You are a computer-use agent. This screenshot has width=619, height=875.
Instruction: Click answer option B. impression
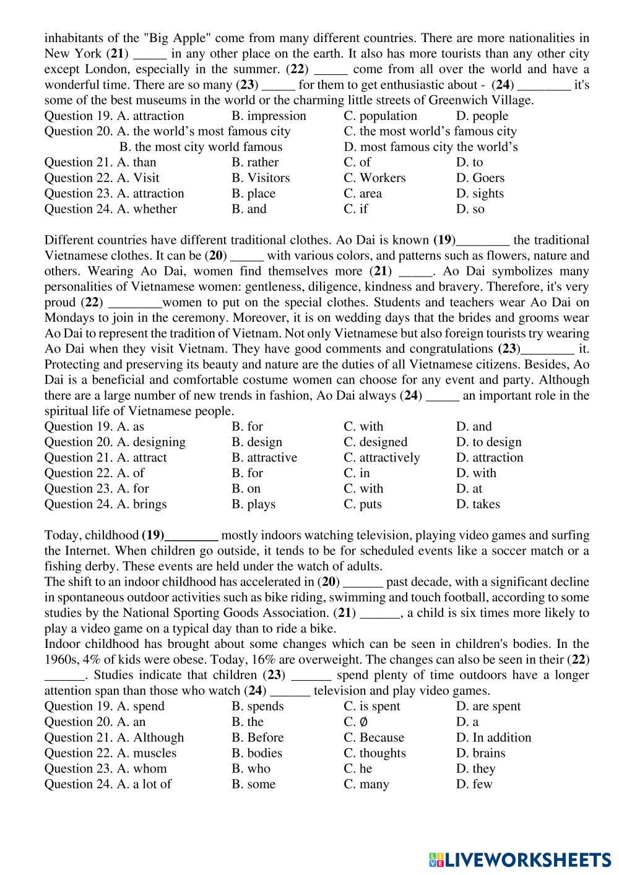click(x=269, y=116)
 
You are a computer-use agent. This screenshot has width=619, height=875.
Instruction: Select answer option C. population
click(x=380, y=116)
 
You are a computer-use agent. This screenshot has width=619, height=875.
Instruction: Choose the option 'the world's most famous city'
click(x=204, y=131)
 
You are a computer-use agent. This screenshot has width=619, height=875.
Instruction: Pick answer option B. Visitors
click(x=261, y=178)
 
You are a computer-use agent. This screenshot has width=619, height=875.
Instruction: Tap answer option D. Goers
click(x=480, y=178)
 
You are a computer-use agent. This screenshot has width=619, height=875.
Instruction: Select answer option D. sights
click(x=480, y=193)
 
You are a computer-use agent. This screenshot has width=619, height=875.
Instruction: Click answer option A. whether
click(x=147, y=209)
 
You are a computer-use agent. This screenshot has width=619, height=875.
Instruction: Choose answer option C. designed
click(x=375, y=442)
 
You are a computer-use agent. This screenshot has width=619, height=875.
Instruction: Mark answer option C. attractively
click(x=381, y=457)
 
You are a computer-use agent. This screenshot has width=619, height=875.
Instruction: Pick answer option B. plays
click(x=253, y=504)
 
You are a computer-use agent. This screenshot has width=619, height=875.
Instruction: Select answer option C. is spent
click(x=371, y=706)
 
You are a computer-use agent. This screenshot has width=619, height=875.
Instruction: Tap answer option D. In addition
click(x=493, y=738)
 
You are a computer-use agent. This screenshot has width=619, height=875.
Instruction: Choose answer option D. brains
click(x=480, y=753)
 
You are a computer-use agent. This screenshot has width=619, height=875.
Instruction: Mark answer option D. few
click(x=474, y=784)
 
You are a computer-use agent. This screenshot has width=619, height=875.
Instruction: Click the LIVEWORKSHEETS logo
click(x=519, y=859)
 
